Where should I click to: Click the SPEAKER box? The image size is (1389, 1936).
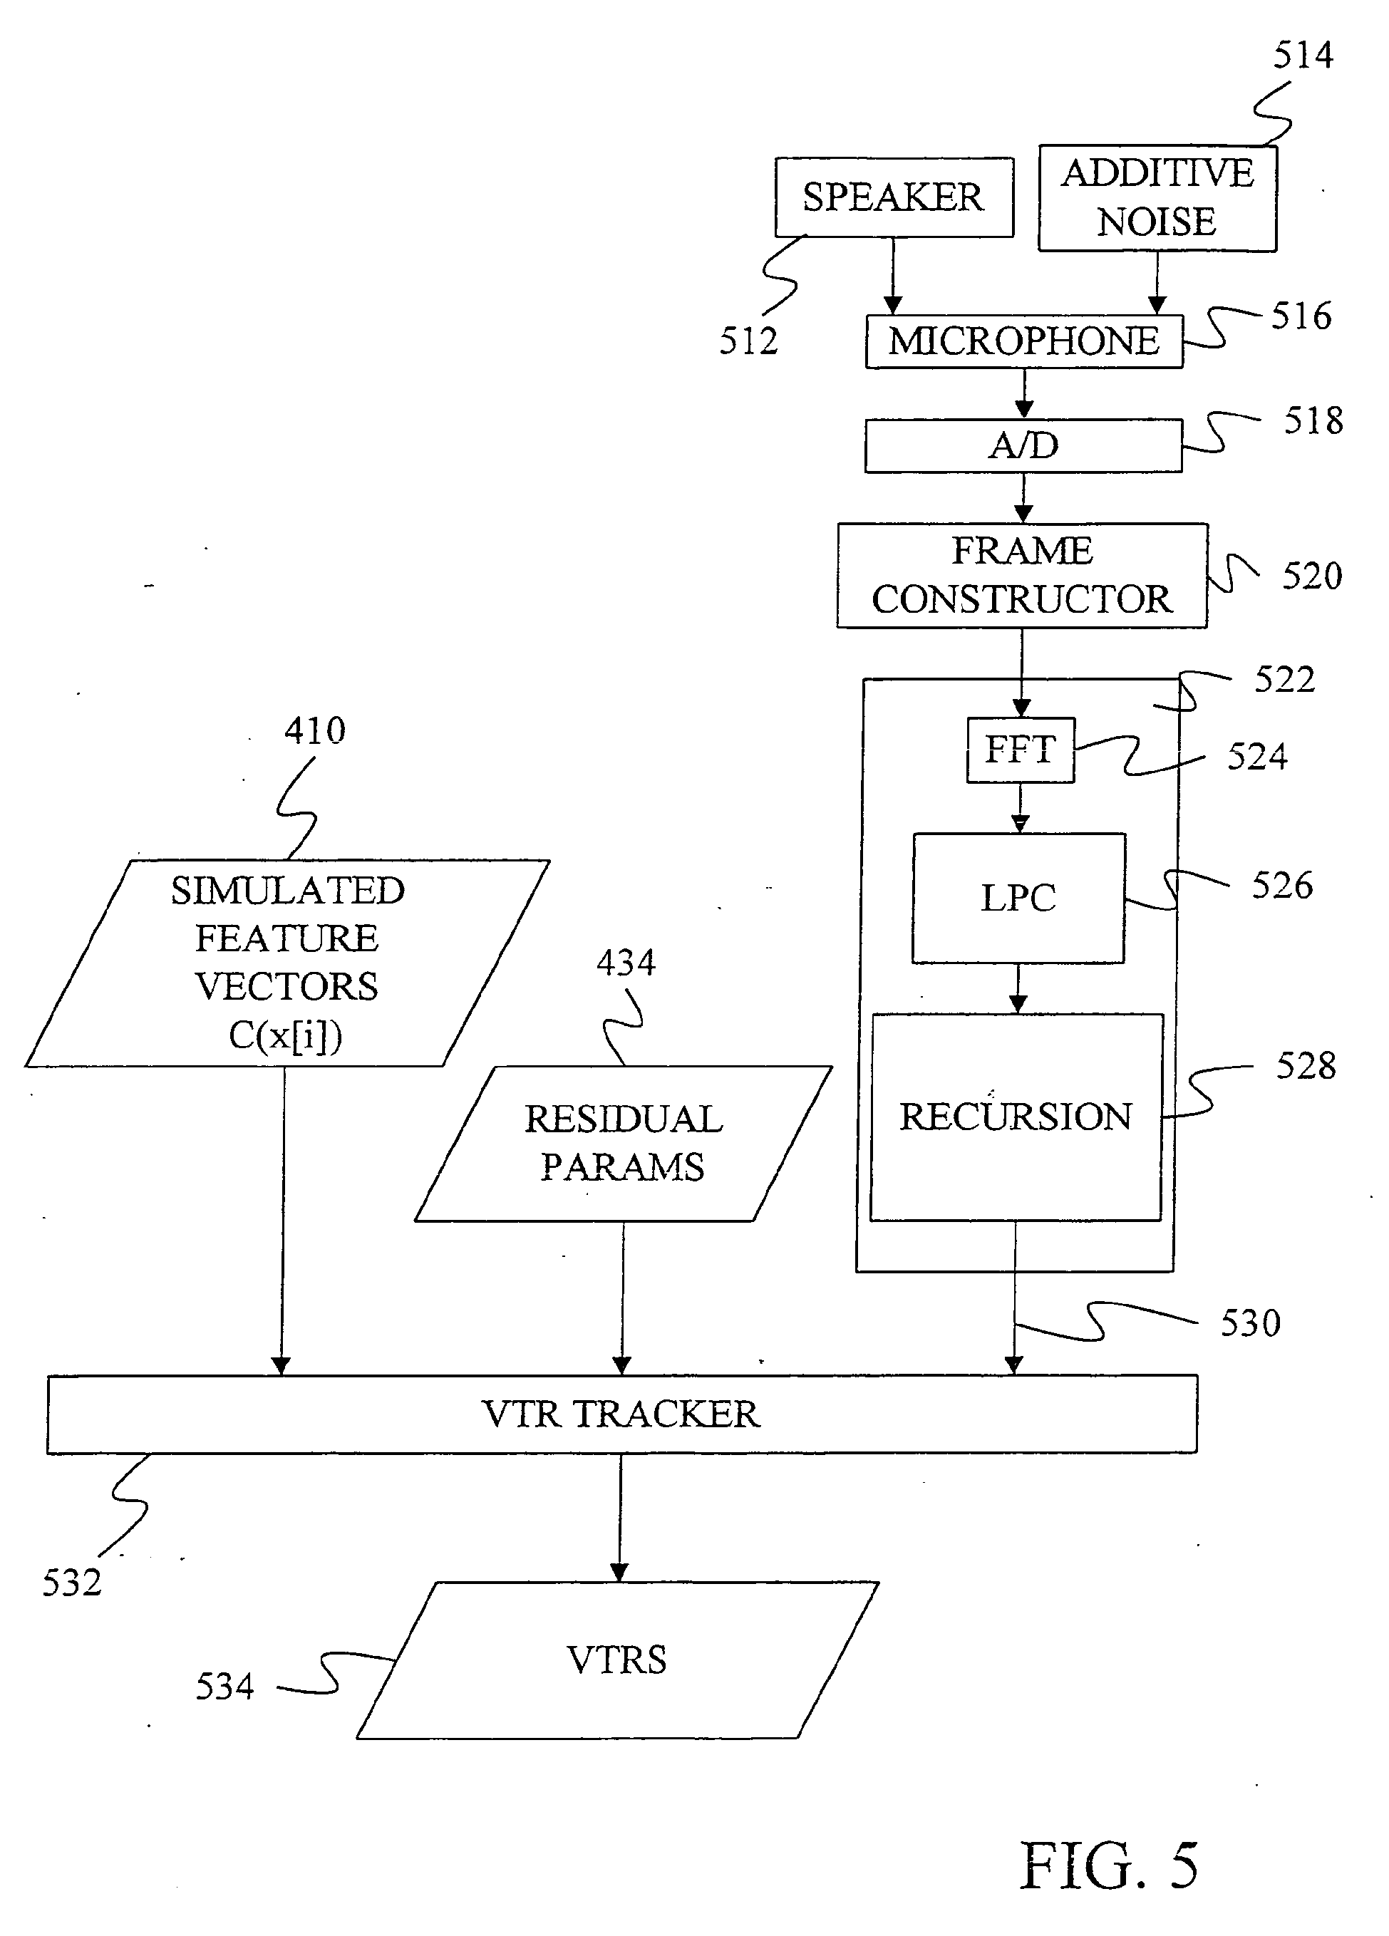click(x=893, y=197)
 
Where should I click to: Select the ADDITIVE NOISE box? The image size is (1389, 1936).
click(x=1157, y=198)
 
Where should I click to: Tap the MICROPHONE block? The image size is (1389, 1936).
click(x=1023, y=341)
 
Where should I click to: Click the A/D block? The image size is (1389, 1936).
click(x=1023, y=445)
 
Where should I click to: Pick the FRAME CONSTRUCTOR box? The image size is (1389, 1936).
click(x=1022, y=575)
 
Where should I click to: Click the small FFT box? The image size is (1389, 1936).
click(x=1021, y=750)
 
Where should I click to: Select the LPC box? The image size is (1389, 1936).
click(x=1018, y=898)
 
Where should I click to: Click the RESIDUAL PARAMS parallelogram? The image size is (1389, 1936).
click(x=622, y=1143)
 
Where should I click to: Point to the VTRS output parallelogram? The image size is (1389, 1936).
click(x=616, y=1660)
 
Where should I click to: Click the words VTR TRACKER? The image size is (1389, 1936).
click(x=621, y=1414)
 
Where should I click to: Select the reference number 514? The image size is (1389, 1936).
click(x=1303, y=56)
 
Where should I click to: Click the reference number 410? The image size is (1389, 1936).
click(x=314, y=730)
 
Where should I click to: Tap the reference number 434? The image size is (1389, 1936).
click(x=626, y=963)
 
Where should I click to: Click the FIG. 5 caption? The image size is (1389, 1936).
click(x=1109, y=1866)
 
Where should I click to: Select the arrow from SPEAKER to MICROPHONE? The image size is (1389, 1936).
click(x=893, y=275)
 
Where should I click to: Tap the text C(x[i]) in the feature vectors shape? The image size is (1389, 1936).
click(x=285, y=1035)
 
